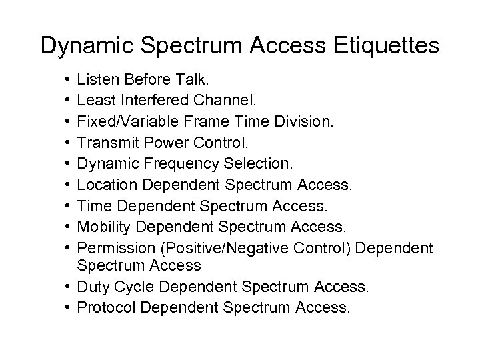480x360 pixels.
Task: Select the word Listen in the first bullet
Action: click(96, 81)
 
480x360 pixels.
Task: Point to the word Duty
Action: click(91, 287)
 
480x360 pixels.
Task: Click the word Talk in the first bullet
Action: click(193, 81)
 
